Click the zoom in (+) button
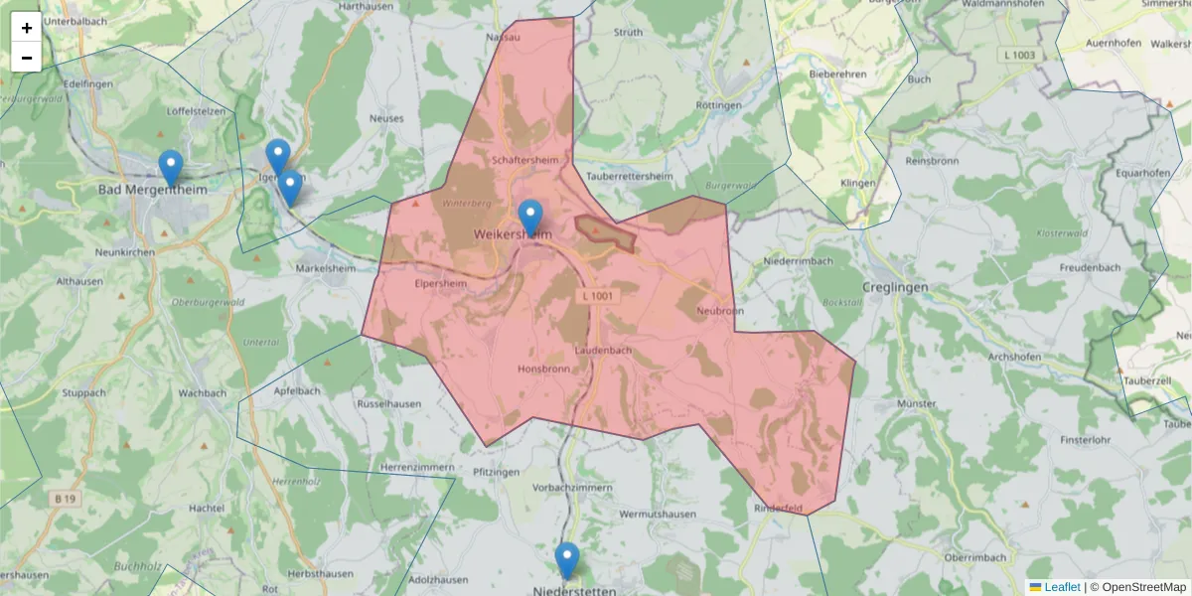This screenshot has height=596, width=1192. point(26,28)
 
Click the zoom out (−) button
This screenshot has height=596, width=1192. point(26,58)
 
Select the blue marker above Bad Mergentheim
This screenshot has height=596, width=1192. point(171,168)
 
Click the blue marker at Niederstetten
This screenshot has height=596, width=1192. point(567,560)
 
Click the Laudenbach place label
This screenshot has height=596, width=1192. point(603,351)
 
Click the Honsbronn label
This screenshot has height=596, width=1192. point(543,369)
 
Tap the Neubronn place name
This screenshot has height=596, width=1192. point(720,311)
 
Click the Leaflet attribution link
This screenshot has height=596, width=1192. point(1062,587)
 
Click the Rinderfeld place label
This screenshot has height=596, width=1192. point(779,509)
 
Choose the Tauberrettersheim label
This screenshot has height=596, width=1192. point(624,176)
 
